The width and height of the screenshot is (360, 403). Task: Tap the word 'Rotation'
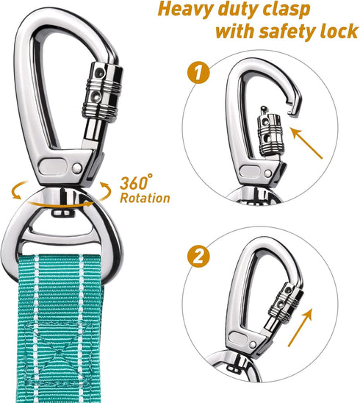pos(145,198)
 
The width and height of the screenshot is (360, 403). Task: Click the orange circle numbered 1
pos(198,73)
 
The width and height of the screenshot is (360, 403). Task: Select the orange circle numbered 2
pos(198,256)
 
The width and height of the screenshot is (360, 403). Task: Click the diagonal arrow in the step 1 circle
pos(306,143)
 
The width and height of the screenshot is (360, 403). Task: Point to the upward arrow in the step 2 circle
pos(300,327)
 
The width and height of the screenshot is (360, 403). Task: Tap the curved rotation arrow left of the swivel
pos(18,190)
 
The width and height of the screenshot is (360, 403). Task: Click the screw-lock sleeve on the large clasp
pos(103,90)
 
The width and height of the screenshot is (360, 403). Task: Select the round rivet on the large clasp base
pos(77,168)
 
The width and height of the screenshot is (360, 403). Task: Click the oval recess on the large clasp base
pos(54,167)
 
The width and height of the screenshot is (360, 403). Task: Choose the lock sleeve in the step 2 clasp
pos(286,300)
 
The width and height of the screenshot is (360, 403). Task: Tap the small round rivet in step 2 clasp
pos(253,344)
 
